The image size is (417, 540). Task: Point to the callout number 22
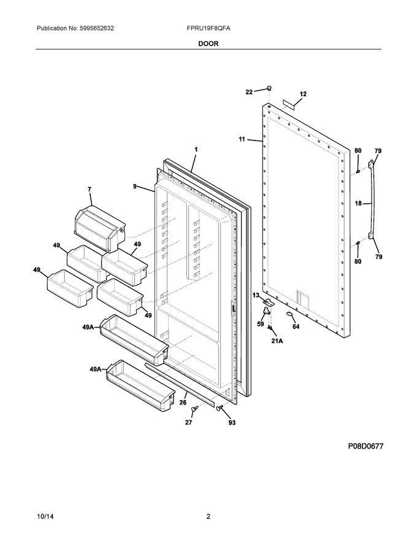[249, 92]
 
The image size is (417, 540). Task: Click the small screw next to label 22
[268, 90]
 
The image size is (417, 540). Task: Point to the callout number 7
[89, 191]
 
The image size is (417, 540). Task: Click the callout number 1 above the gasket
[196, 149]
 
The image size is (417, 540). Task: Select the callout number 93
[231, 422]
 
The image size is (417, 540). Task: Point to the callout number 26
[183, 403]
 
